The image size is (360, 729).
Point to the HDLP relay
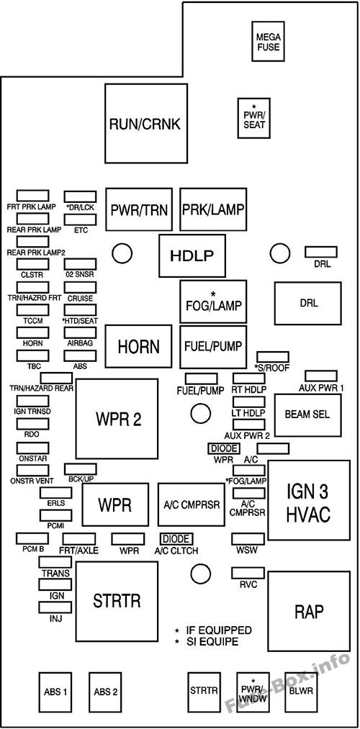click(192, 256)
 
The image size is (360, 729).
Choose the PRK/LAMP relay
click(212, 209)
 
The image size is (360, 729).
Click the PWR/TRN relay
click(139, 209)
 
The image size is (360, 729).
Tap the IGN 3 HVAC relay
click(309, 501)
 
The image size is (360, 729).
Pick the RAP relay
click(308, 611)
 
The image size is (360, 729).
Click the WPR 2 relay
click(117, 419)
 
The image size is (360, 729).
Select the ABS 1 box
click(55, 692)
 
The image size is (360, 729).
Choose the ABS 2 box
click(106, 692)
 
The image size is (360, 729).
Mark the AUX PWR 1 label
click(320, 388)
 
